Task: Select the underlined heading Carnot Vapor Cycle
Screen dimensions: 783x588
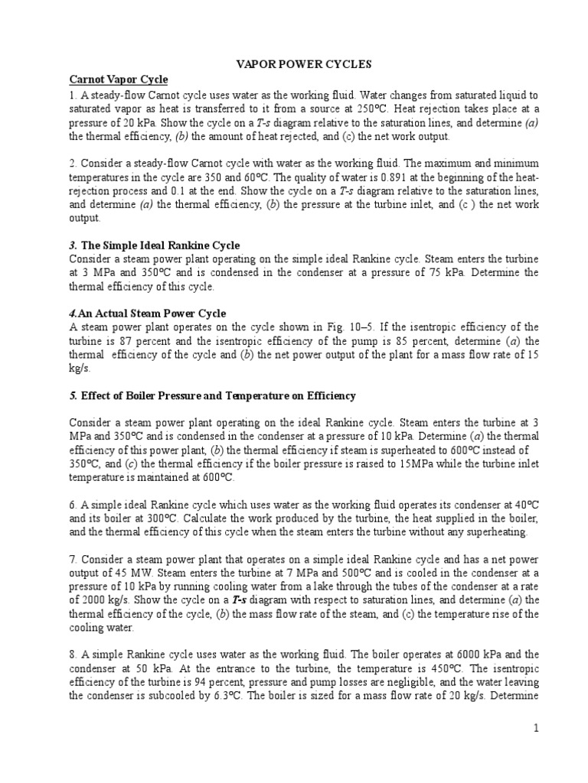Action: (x=119, y=80)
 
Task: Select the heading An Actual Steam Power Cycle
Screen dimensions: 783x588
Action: (x=152, y=314)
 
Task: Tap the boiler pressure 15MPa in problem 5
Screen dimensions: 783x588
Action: (x=418, y=463)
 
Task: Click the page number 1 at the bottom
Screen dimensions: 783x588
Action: (x=537, y=728)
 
